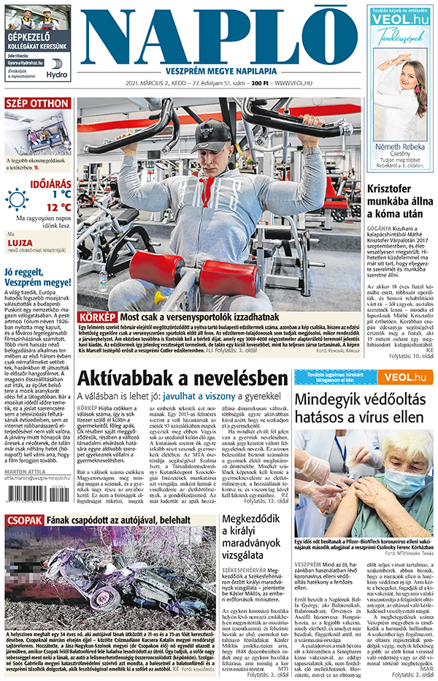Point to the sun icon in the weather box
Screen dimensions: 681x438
tap(17, 199)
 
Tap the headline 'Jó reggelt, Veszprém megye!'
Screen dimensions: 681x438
tap(37, 277)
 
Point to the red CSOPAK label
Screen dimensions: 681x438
tap(24, 520)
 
